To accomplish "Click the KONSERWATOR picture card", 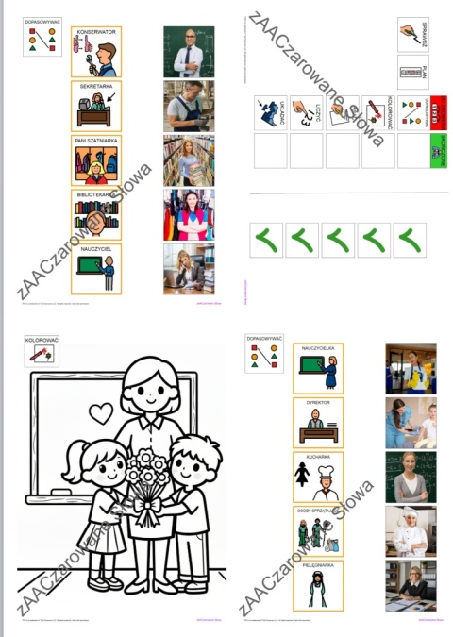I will click(96, 52).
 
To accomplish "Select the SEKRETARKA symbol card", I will click(96, 106).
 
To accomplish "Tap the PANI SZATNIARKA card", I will click(96, 160).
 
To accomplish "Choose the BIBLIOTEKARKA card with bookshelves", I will click(96, 214).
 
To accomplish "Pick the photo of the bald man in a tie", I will click(188, 52).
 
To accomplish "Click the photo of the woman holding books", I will click(188, 160).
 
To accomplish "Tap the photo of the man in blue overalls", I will click(188, 106).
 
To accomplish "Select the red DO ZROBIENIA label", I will click(437, 112).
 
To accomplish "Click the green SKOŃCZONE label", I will click(437, 150).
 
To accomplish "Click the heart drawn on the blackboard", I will click(101, 412).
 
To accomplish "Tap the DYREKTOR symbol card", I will click(318, 422).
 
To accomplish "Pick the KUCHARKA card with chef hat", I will click(318, 477).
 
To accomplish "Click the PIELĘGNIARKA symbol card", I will click(318, 585).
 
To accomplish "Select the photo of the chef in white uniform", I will click(411, 531).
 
